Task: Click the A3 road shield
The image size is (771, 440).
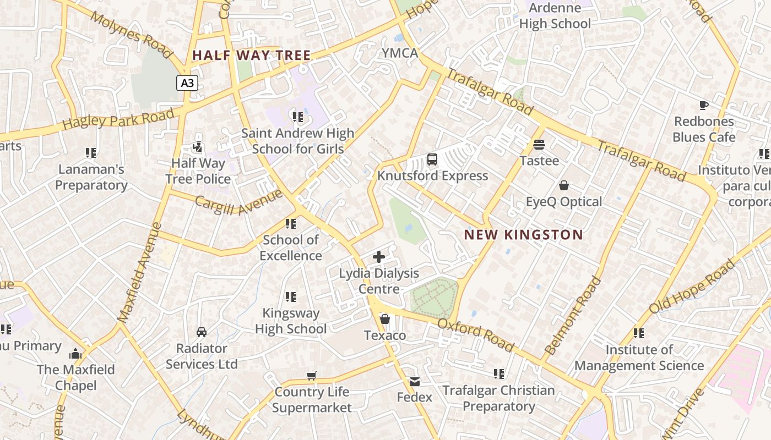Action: pos(187,83)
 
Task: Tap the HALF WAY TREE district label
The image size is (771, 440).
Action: pos(252,56)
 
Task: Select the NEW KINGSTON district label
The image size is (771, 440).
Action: pos(523,235)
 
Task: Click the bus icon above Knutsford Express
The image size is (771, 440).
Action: pos(432,160)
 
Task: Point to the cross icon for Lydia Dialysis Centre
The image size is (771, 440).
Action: pos(379,257)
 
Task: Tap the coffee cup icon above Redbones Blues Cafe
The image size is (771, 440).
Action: pos(703,105)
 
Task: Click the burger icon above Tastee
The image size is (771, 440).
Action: pos(539,145)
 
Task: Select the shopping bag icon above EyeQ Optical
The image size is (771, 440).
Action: pos(563,185)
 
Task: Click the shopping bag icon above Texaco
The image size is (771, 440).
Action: pos(385,319)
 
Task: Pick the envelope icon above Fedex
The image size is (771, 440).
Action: pos(414,381)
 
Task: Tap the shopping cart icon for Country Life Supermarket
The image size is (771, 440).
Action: pos(312,376)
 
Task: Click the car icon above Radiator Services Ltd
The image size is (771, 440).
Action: pos(202,332)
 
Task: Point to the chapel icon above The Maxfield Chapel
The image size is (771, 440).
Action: pos(75,353)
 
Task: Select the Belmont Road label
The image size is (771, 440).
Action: pos(573,315)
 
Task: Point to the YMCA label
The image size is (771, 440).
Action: pos(400,53)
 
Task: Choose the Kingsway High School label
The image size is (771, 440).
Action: pos(291,321)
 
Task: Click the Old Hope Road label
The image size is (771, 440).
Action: pos(692,287)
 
